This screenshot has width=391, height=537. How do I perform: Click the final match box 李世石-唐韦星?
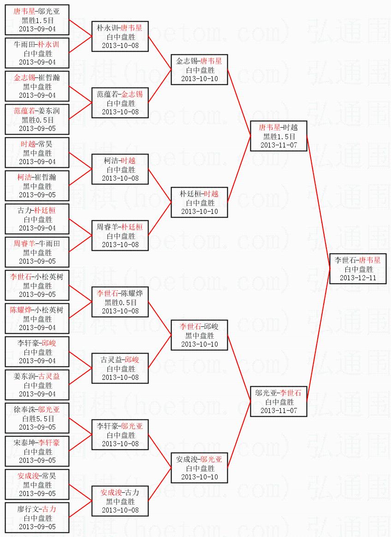coord(358,268)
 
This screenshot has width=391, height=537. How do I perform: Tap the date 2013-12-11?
coord(358,278)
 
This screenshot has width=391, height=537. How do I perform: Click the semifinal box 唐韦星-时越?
coord(278,136)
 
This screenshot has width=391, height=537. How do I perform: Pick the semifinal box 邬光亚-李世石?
coord(278,401)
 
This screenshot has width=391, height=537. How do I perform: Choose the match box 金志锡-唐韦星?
coord(199,70)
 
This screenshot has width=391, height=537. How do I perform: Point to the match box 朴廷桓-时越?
coord(199,202)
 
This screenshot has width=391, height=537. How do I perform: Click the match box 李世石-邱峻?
coord(199,335)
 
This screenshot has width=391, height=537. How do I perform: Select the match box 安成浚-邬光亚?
coord(199,468)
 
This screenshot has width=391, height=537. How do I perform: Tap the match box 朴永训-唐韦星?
coord(119,36)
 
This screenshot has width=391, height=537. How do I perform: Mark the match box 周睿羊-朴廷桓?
coord(119,236)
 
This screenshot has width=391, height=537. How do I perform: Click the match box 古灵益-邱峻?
coord(119,368)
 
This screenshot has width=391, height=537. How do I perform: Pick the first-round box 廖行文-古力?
coord(37,518)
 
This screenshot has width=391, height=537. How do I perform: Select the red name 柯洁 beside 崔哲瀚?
coord(25,177)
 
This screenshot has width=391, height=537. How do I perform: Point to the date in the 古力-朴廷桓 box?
coord(37,228)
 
